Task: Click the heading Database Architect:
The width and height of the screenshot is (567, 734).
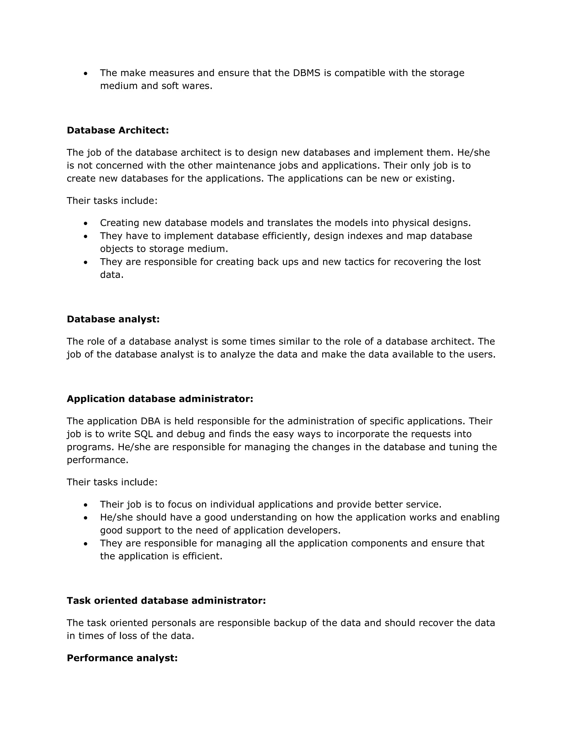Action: tap(118, 130)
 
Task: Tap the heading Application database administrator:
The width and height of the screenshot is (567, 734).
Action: tap(160, 399)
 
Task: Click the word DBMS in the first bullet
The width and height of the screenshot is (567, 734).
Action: tap(306, 73)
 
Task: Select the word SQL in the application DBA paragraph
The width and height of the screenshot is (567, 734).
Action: tap(143, 434)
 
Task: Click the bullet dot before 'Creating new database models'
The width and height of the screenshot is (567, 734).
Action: tap(86, 224)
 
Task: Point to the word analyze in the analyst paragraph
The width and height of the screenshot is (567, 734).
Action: tap(238, 355)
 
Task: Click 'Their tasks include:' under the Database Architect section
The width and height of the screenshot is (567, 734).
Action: tap(112, 201)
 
